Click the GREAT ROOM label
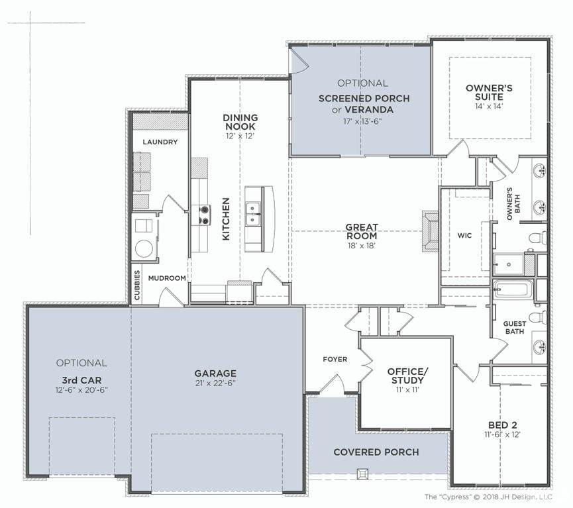pos(362,231)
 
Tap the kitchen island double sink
pos(253,213)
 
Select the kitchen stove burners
pos(204,215)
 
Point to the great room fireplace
pos(430,231)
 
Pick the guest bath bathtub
pos(511,289)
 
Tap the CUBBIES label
pos(137,285)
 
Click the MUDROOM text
pos(167,278)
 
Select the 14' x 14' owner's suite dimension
pos(489,107)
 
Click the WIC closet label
pos(464,235)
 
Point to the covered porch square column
pos(362,474)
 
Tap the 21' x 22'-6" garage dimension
pos(215,383)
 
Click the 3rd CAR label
pos(81,380)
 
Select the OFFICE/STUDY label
pos(407,376)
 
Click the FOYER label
pos(335,359)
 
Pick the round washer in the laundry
pos(144,249)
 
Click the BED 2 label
pos(503,425)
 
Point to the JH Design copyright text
pos(488,497)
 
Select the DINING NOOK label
pos(240,122)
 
